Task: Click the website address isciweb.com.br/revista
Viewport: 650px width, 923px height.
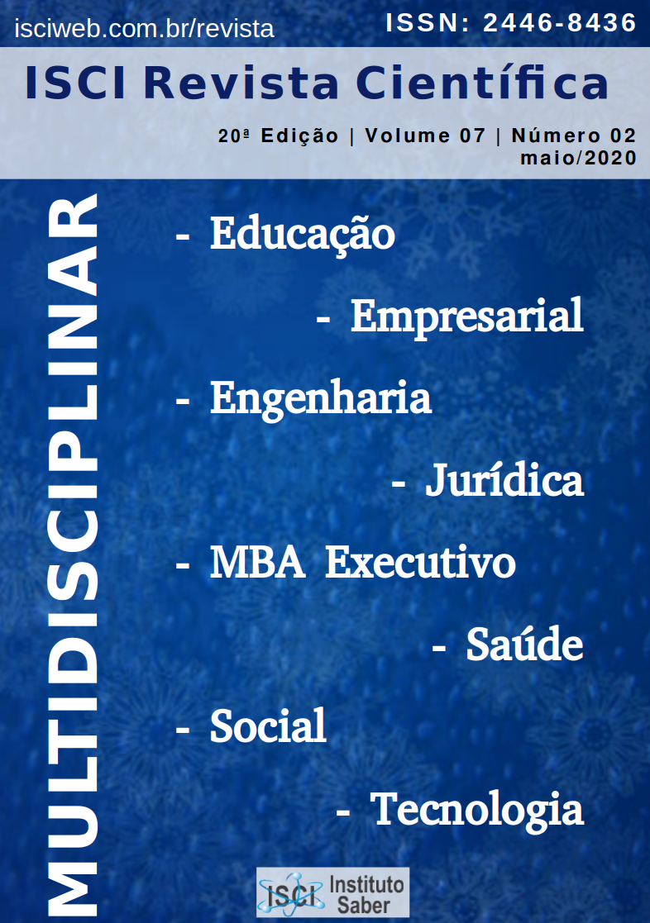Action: [145, 28]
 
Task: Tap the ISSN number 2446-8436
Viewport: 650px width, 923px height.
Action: [560, 23]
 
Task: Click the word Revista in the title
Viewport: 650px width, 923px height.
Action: [241, 83]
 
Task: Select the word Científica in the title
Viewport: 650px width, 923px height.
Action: [482, 83]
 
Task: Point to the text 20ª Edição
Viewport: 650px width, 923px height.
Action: [278, 136]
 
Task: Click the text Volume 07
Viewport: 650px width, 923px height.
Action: [425, 136]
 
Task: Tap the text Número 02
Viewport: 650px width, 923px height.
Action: [574, 136]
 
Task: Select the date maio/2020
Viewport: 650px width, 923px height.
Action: [578, 158]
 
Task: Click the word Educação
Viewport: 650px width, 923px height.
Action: [303, 235]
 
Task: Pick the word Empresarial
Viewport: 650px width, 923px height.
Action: [466, 316]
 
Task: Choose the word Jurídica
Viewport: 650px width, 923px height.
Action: [504, 480]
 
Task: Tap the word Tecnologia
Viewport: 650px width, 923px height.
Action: [476, 810]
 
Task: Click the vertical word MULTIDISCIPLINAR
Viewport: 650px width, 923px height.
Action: [72, 554]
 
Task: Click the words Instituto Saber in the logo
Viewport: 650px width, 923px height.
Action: [366, 894]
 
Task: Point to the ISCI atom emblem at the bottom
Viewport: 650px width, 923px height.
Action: [291, 893]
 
